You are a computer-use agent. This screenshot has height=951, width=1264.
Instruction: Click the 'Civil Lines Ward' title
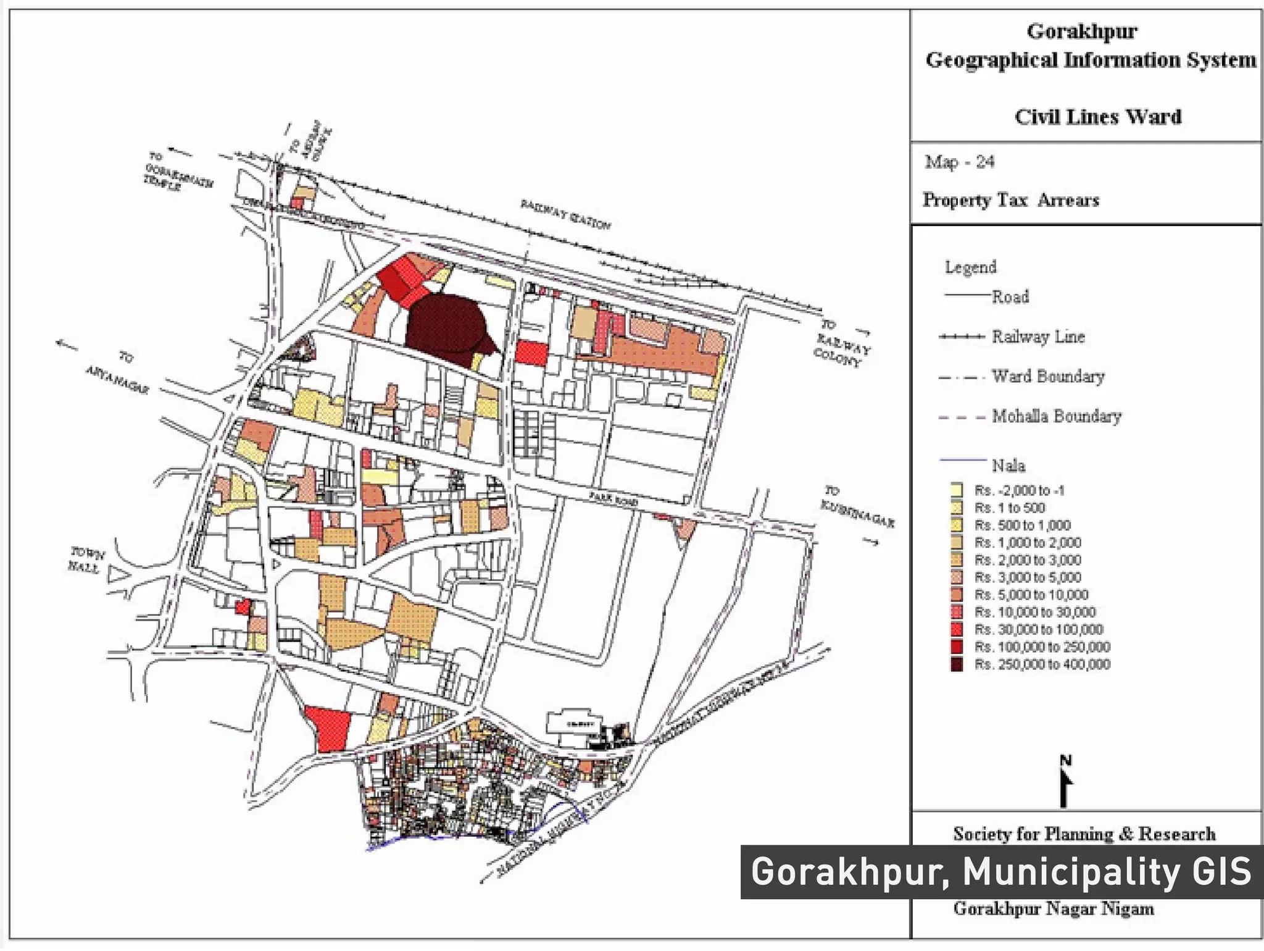[1098, 117]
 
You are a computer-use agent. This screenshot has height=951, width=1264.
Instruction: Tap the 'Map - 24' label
[959, 162]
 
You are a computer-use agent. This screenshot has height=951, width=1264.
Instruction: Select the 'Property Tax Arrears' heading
[1011, 200]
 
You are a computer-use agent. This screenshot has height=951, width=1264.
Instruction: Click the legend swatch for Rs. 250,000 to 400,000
[957, 664]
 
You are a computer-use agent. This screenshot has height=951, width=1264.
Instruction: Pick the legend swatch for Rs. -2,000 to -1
[957, 490]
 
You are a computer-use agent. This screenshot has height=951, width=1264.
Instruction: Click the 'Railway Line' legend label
[1038, 337]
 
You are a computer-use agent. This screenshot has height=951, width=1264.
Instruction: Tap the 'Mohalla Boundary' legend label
[1056, 416]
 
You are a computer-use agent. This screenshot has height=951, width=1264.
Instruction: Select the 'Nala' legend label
[1008, 465]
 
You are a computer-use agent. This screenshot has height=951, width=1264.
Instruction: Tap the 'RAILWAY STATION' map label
[565, 214]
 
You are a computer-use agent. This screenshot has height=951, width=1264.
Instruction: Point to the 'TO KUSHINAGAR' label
[856, 508]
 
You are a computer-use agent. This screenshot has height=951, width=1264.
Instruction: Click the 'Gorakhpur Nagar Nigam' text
[1053, 909]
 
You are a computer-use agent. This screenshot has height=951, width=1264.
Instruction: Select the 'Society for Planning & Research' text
[1084, 834]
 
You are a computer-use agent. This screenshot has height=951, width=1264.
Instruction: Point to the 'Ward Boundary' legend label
[1047, 376]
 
